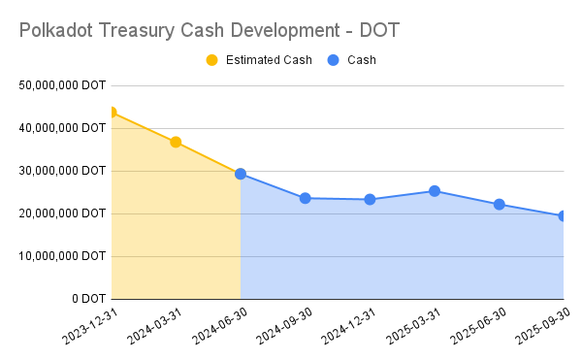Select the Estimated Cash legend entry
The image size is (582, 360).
258,60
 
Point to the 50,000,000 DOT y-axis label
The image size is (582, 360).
61,85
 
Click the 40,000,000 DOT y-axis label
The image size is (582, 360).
61,128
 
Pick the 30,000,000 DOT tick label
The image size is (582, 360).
61,171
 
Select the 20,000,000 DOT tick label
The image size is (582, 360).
61,213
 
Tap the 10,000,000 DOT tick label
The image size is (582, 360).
61,256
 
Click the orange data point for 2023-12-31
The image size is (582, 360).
112,113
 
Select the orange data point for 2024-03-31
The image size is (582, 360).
176,142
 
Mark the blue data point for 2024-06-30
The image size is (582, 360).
241,174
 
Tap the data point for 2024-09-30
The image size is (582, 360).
305,198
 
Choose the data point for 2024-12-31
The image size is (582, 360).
370,199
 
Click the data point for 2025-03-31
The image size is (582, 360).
435,191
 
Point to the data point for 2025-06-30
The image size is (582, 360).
499,204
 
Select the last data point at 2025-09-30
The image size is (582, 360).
563,215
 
